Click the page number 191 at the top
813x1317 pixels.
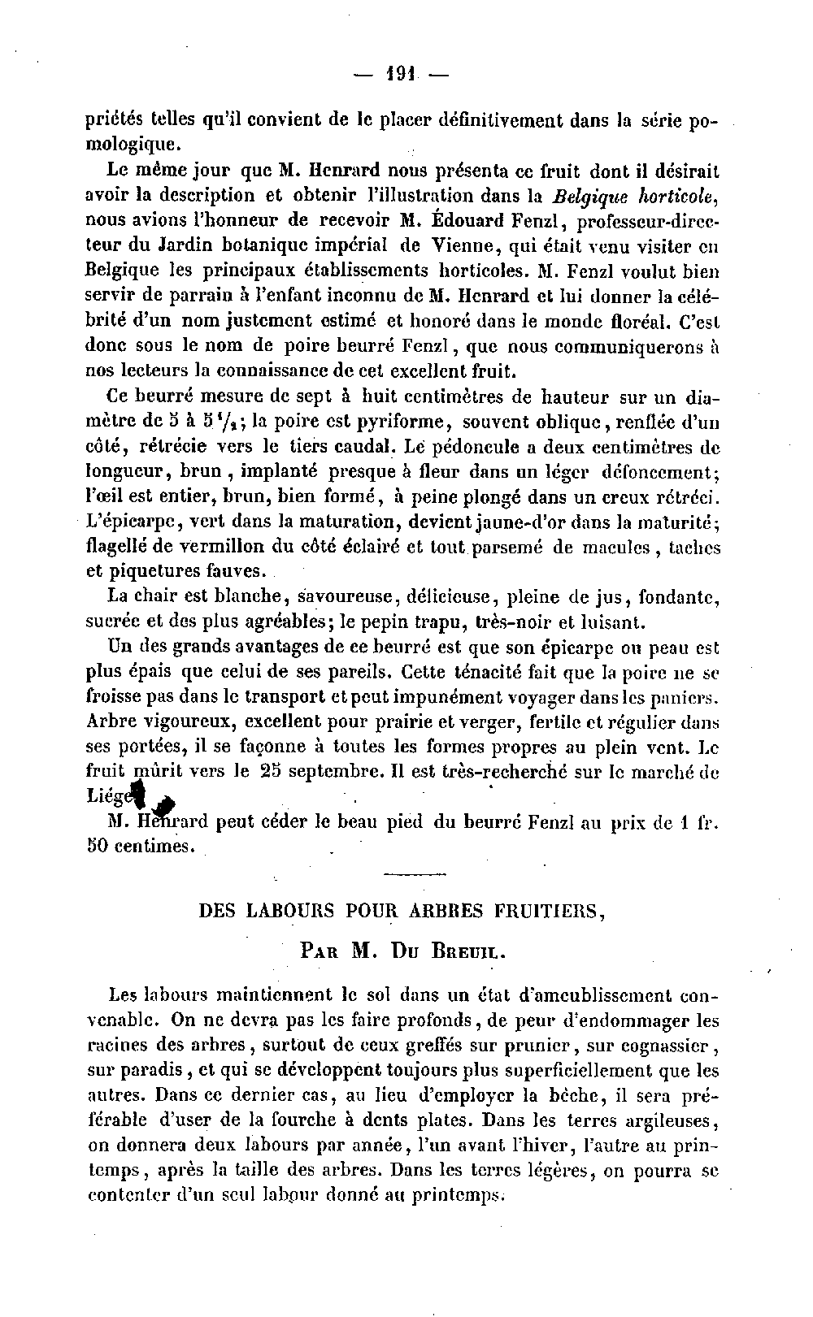[402, 75]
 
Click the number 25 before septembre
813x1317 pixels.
[268, 772]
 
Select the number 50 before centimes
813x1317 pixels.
[98, 846]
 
